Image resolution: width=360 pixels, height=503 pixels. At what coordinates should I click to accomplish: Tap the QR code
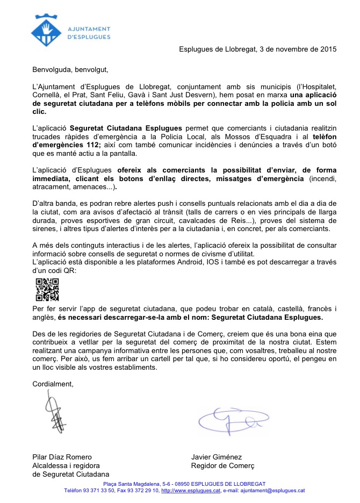coord(47,290)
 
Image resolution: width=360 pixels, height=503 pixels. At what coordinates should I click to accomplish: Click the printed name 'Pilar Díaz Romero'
coord(62,457)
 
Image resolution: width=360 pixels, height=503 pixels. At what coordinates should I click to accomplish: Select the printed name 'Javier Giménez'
coord(217,457)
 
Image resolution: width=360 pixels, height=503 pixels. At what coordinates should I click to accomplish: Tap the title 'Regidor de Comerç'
coord(222,466)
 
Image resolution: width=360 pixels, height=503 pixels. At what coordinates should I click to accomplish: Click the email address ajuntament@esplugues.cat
coord(272,490)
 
